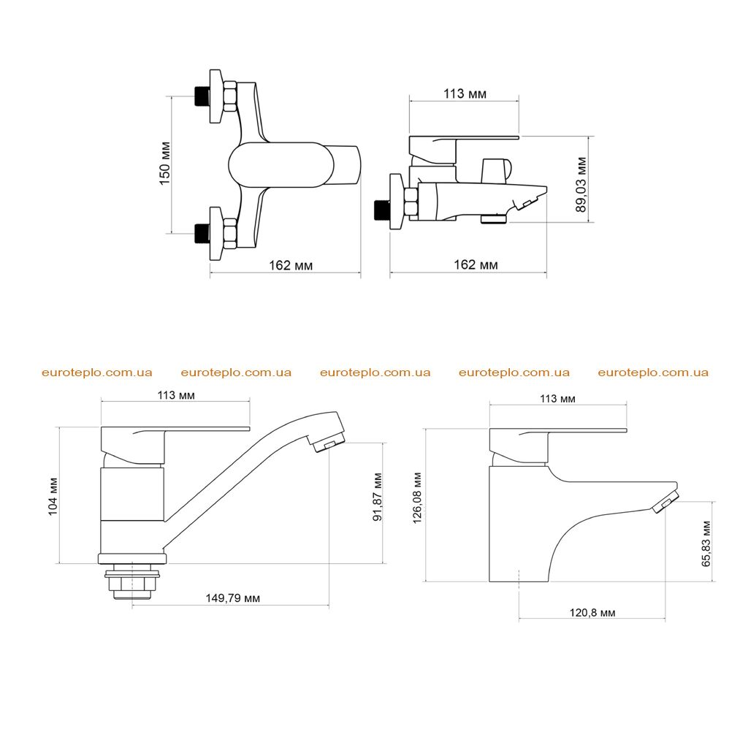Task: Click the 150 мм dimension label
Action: pos(165,163)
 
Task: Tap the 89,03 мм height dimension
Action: pos(581,185)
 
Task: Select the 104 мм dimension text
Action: pos(53,497)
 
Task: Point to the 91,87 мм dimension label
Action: pos(378,497)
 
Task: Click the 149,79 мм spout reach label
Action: pos(233,598)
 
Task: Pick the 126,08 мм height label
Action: pos(417,498)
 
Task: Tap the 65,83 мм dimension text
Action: pos(706,543)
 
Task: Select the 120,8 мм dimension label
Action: pos(592,613)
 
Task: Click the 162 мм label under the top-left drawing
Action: pos(291,265)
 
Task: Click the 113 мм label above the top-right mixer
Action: pos(465,93)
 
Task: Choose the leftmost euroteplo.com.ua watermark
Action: pos(97,373)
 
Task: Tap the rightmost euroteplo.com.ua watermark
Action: pos(653,373)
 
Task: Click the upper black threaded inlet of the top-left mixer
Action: pos(202,97)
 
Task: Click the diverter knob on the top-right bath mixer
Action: pos(496,170)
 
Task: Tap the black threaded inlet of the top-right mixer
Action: pos(381,210)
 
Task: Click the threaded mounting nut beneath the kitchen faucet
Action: pos(132,581)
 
